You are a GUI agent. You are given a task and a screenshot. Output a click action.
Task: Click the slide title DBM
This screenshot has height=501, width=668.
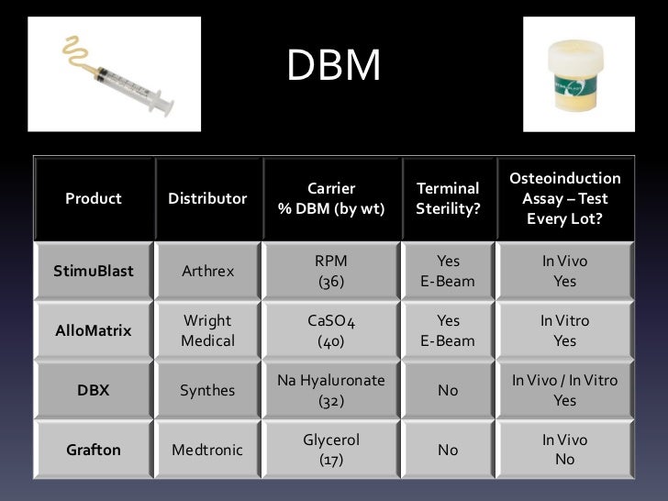pyautogui.click(x=333, y=66)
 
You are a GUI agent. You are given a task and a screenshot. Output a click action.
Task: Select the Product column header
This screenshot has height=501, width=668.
pyautogui.click(x=93, y=198)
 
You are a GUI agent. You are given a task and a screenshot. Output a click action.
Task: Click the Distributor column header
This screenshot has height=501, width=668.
pyautogui.click(x=207, y=198)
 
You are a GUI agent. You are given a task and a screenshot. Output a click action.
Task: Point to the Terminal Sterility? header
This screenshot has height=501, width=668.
pyautogui.click(x=448, y=198)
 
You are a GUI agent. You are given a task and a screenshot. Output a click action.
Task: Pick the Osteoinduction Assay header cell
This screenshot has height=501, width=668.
pyautogui.click(x=564, y=198)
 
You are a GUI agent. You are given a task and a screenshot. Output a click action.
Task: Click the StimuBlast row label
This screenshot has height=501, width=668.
pyautogui.click(x=93, y=272)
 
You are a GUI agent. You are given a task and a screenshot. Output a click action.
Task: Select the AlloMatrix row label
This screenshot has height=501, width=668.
pyautogui.click(x=93, y=331)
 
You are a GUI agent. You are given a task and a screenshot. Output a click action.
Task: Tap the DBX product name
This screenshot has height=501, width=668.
pyautogui.click(x=93, y=390)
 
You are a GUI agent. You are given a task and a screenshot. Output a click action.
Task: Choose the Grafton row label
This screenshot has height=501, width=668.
pyautogui.click(x=93, y=450)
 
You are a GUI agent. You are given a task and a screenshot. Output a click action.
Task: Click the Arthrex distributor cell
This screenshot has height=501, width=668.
pyautogui.click(x=207, y=272)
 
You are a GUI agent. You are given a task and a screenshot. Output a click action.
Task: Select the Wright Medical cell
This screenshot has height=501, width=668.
pyautogui.click(x=207, y=331)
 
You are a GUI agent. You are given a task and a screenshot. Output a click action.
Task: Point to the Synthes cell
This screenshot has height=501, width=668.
pyautogui.click(x=207, y=390)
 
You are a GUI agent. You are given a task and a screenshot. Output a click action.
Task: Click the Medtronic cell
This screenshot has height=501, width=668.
pyautogui.click(x=207, y=450)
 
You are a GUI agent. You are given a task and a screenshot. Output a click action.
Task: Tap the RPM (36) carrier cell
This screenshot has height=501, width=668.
pyautogui.click(x=330, y=272)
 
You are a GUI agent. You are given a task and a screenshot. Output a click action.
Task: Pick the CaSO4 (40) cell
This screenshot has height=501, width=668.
pyautogui.click(x=330, y=331)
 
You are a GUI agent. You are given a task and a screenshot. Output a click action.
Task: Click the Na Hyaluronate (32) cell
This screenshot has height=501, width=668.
pyautogui.click(x=330, y=390)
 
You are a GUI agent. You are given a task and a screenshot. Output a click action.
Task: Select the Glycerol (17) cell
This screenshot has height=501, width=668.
pyautogui.click(x=330, y=450)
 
